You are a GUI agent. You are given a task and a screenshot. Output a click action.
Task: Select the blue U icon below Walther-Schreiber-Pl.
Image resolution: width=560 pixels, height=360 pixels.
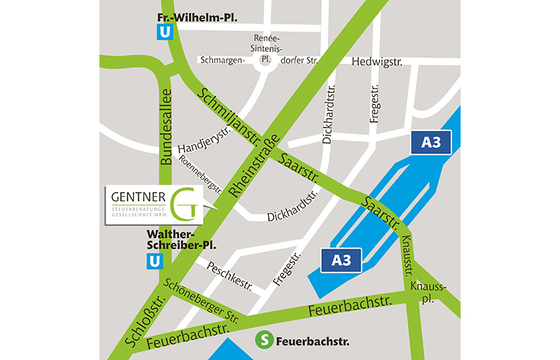tap(155, 262)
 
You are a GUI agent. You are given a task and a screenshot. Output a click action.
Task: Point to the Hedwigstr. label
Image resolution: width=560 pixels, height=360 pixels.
tap(377, 62)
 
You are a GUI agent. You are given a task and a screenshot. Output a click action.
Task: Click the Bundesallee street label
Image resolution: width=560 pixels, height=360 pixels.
tap(166, 126)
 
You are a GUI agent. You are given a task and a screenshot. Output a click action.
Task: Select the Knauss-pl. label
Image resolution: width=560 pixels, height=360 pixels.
tap(428, 293)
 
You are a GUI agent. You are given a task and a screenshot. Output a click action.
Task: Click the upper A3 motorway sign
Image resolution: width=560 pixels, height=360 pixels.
tap(430, 142)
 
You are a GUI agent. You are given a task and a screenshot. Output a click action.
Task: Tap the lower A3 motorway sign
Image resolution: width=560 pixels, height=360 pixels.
tap(340, 260)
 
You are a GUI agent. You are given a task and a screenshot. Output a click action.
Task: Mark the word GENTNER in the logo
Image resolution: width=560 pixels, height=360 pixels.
tap(136, 195)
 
